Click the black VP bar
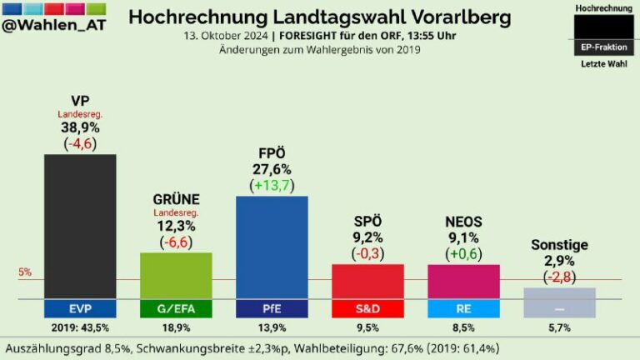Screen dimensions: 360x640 click(x=80, y=225)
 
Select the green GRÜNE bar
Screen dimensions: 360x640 click(x=176, y=275)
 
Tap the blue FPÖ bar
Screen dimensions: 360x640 click(x=272, y=247)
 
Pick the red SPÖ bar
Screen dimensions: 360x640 click(x=367, y=281)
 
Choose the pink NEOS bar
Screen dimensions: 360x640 click(x=463, y=281)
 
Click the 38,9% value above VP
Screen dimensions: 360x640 click(x=80, y=127)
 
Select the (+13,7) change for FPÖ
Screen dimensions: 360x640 click(x=272, y=185)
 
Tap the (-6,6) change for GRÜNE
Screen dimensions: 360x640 click(x=176, y=242)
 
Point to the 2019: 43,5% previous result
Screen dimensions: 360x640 click(x=80, y=328)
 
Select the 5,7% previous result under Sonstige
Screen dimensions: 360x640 click(x=559, y=328)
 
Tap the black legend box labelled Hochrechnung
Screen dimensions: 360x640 click(x=603, y=27)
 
